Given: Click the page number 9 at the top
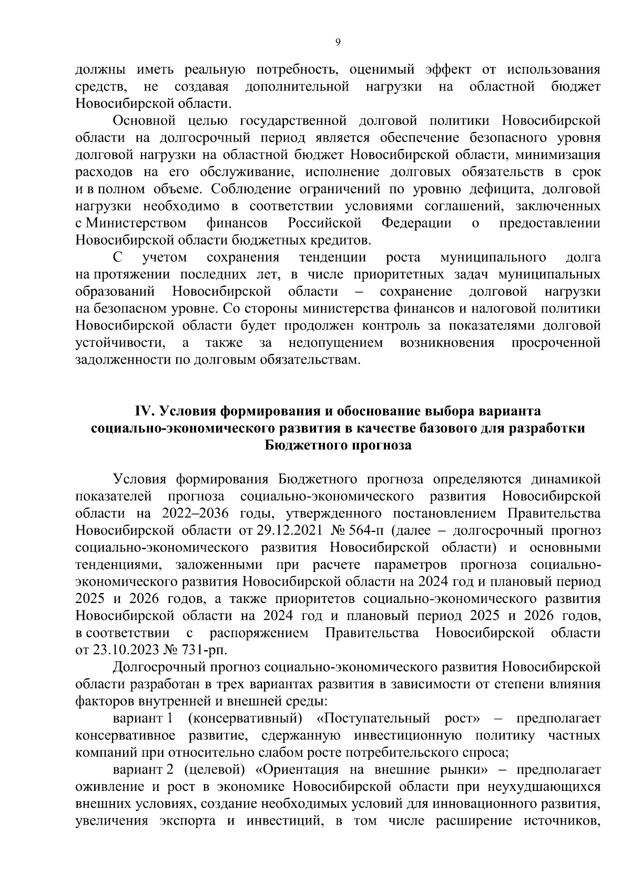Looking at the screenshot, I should [x=338, y=43].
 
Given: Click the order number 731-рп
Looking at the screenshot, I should [x=204, y=649].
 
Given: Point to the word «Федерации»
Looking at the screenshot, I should [x=416, y=223].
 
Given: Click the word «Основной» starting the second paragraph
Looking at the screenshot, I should [x=144, y=121].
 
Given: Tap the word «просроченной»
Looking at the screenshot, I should [x=556, y=343].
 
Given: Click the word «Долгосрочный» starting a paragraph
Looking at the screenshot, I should [x=157, y=667].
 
